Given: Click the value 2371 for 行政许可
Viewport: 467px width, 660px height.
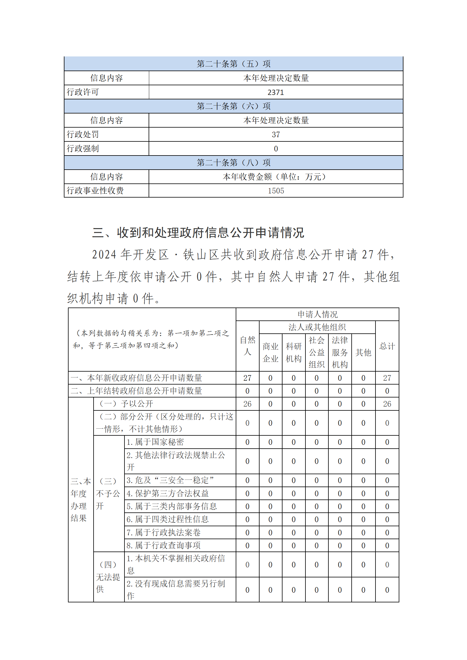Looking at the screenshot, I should coord(275,92).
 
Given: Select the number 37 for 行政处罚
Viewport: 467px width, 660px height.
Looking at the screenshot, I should coord(275,135).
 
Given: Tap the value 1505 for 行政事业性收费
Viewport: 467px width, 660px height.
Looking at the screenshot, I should coord(275,191).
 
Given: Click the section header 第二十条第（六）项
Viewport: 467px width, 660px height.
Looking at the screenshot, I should coord(233,106).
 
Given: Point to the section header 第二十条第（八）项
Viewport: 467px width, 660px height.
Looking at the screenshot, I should coord(233,163).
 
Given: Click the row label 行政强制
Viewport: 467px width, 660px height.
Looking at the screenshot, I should coord(83,148).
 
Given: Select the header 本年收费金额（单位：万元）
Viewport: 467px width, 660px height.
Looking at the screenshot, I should coord(275,177).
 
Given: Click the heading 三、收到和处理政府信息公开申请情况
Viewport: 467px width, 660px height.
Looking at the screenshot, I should coord(198,233).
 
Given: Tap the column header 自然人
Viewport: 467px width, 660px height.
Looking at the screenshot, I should coord(247,346).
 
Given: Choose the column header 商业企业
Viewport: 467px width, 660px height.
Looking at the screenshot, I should coord(270,352).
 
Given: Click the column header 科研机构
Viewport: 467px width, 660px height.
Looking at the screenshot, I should coord(293,352).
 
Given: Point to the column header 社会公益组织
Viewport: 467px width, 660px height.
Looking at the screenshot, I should coord(316,352).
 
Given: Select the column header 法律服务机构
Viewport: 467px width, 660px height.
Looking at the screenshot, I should coord(340,352).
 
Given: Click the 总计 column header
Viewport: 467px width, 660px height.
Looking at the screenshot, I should coord(387,346).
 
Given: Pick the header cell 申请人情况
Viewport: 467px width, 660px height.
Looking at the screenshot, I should coord(317,314).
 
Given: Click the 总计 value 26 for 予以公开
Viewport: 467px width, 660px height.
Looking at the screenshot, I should coord(387,404).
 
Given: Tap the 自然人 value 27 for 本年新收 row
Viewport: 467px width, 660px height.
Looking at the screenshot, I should coord(247,378).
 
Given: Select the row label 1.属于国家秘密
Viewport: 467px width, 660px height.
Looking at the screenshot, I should coord(155,442).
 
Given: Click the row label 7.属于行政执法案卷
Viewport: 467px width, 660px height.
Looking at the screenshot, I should coord(163,532).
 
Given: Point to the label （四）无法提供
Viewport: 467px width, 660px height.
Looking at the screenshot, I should coord(108,577).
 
